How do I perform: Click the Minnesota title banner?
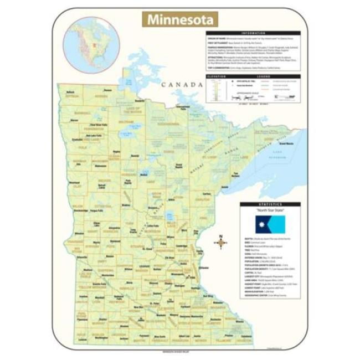180,19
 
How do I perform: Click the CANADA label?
181,85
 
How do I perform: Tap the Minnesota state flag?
270,225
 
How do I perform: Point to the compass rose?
220,241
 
